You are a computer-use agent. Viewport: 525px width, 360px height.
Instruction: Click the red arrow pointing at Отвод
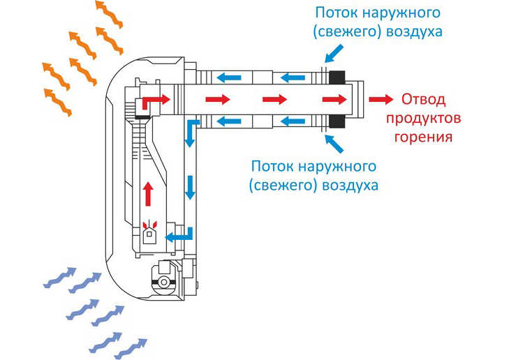pyautogui.click(x=379, y=99)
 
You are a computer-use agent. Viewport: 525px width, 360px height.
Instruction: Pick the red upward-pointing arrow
pyautogui.click(x=147, y=191)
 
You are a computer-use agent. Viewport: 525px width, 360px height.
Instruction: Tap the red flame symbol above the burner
pyautogui.click(x=147, y=225)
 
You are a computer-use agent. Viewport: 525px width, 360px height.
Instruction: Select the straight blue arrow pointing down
pyautogui.click(x=189, y=188)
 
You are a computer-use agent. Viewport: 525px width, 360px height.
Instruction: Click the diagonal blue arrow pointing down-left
pyautogui.click(x=335, y=50)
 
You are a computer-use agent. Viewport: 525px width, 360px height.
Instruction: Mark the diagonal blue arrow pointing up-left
pyautogui.click(x=334, y=144)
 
